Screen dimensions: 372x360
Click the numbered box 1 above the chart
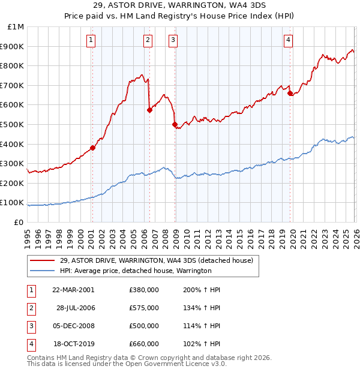point(91,40)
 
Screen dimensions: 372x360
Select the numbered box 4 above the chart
point(289,40)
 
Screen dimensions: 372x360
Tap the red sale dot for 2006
point(149,110)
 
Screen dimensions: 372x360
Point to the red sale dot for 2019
point(290,93)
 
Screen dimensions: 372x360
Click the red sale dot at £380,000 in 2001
point(93,148)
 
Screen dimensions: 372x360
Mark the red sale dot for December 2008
point(175,124)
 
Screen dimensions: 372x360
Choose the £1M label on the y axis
point(16,27)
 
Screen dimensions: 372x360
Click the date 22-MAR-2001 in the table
point(74,289)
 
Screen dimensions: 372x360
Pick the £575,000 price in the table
point(144,308)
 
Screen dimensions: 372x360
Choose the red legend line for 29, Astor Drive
point(43,260)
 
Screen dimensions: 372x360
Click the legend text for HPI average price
point(136,271)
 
